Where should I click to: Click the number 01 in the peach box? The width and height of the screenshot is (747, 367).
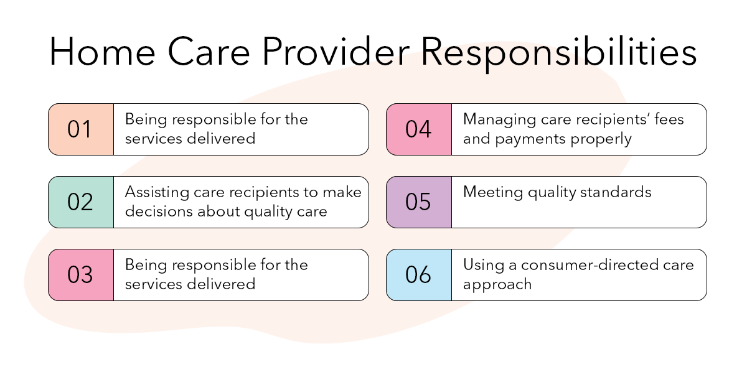80,129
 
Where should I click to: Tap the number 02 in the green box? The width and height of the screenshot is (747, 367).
80,202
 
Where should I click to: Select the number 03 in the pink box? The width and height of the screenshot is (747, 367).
80,275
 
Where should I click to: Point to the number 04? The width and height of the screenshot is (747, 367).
418,129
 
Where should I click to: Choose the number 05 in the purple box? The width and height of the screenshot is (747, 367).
418,202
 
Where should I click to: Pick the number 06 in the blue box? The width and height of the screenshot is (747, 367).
418,275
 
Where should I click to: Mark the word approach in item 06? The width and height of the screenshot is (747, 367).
497,285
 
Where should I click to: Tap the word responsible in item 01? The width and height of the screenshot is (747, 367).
208,119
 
